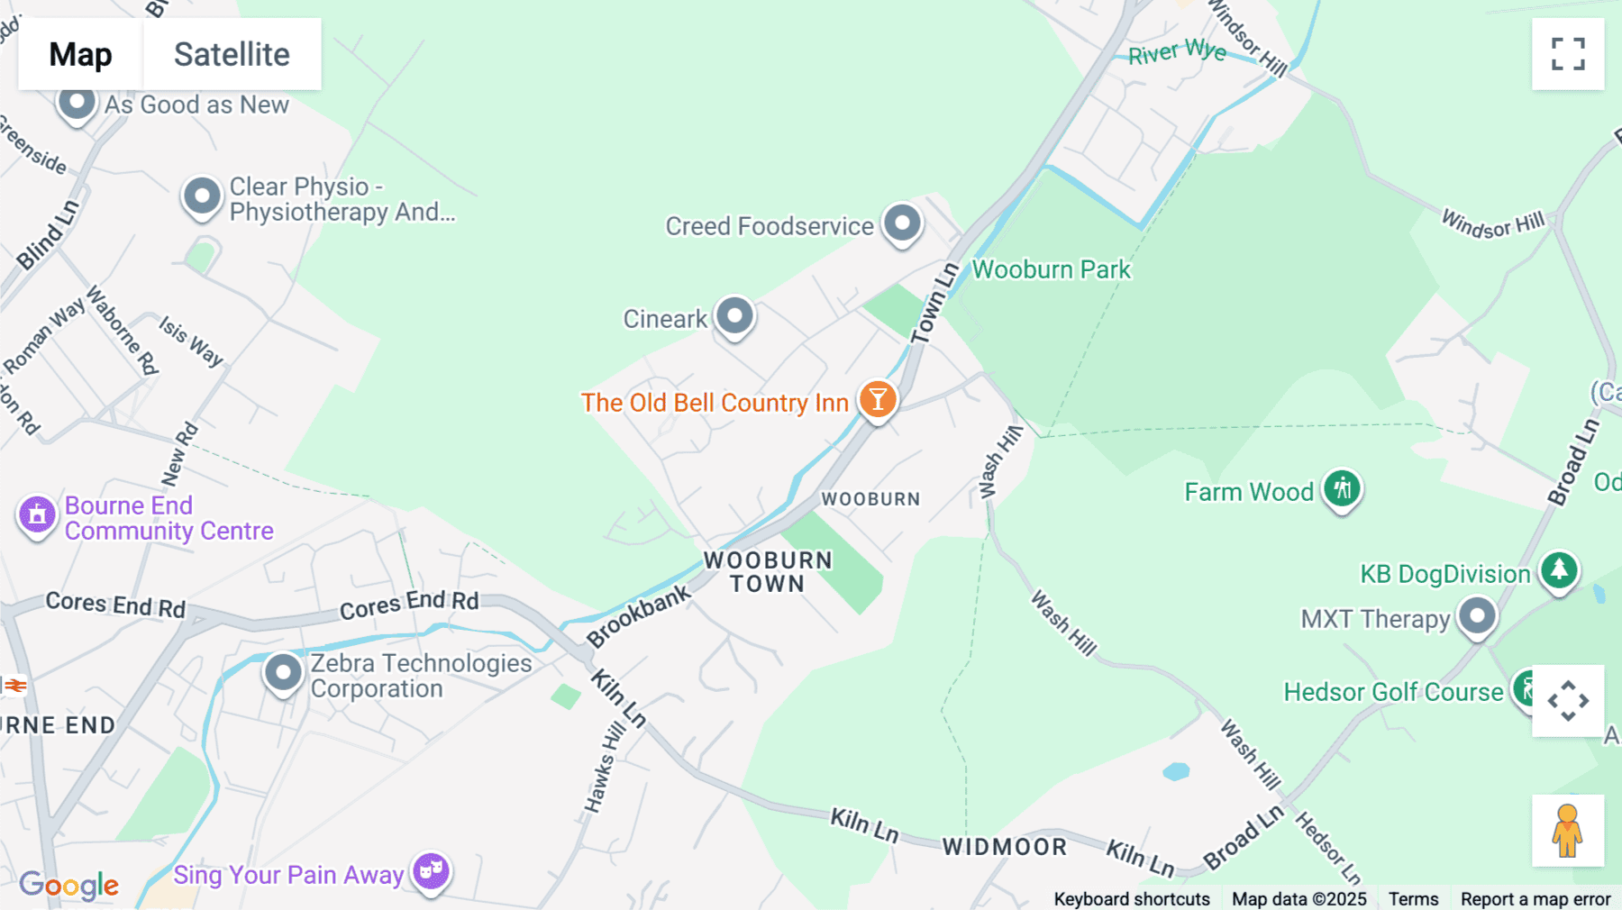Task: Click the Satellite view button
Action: click(232, 54)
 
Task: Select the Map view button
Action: click(80, 54)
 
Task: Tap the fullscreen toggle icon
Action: click(1568, 54)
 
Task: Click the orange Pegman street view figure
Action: click(1567, 830)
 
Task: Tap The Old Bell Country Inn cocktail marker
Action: click(877, 399)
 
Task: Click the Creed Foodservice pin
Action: click(902, 223)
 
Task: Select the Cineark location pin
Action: click(735, 315)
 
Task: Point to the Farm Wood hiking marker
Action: click(1342, 489)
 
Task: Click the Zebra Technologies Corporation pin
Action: click(283, 672)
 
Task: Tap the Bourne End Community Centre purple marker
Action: click(37, 514)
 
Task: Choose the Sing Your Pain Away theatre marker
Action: click(432, 871)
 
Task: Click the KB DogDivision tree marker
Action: click(1559, 570)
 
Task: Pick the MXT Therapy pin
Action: click(1477, 617)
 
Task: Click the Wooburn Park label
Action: click(1051, 269)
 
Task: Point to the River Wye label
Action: click(1177, 52)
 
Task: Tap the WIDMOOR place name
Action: click(1005, 847)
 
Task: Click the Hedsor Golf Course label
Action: click(1393, 692)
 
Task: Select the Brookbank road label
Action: click(638, 616)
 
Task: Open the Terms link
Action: click(1413, 899)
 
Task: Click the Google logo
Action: click(69, 885)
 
